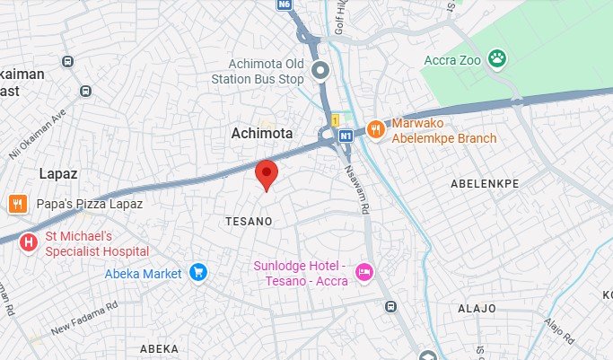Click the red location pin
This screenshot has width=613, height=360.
pos(266,173)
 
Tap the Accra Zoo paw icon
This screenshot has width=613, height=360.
pos(497,60)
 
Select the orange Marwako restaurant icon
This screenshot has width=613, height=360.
pos(375,129)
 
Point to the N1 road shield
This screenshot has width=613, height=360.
pos(346,136)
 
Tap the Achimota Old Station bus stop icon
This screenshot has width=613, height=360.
pos(320,70)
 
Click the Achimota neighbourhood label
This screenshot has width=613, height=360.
pos(261,133)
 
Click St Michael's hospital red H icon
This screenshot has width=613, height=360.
pos(30,241)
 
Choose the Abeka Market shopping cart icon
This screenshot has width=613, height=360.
pos(198,272)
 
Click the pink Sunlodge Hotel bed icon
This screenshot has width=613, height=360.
pos(363,270)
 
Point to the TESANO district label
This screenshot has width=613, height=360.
pos(249,220)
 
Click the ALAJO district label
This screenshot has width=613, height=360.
pos(477,308)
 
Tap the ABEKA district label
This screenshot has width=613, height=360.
pos(159,347)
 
